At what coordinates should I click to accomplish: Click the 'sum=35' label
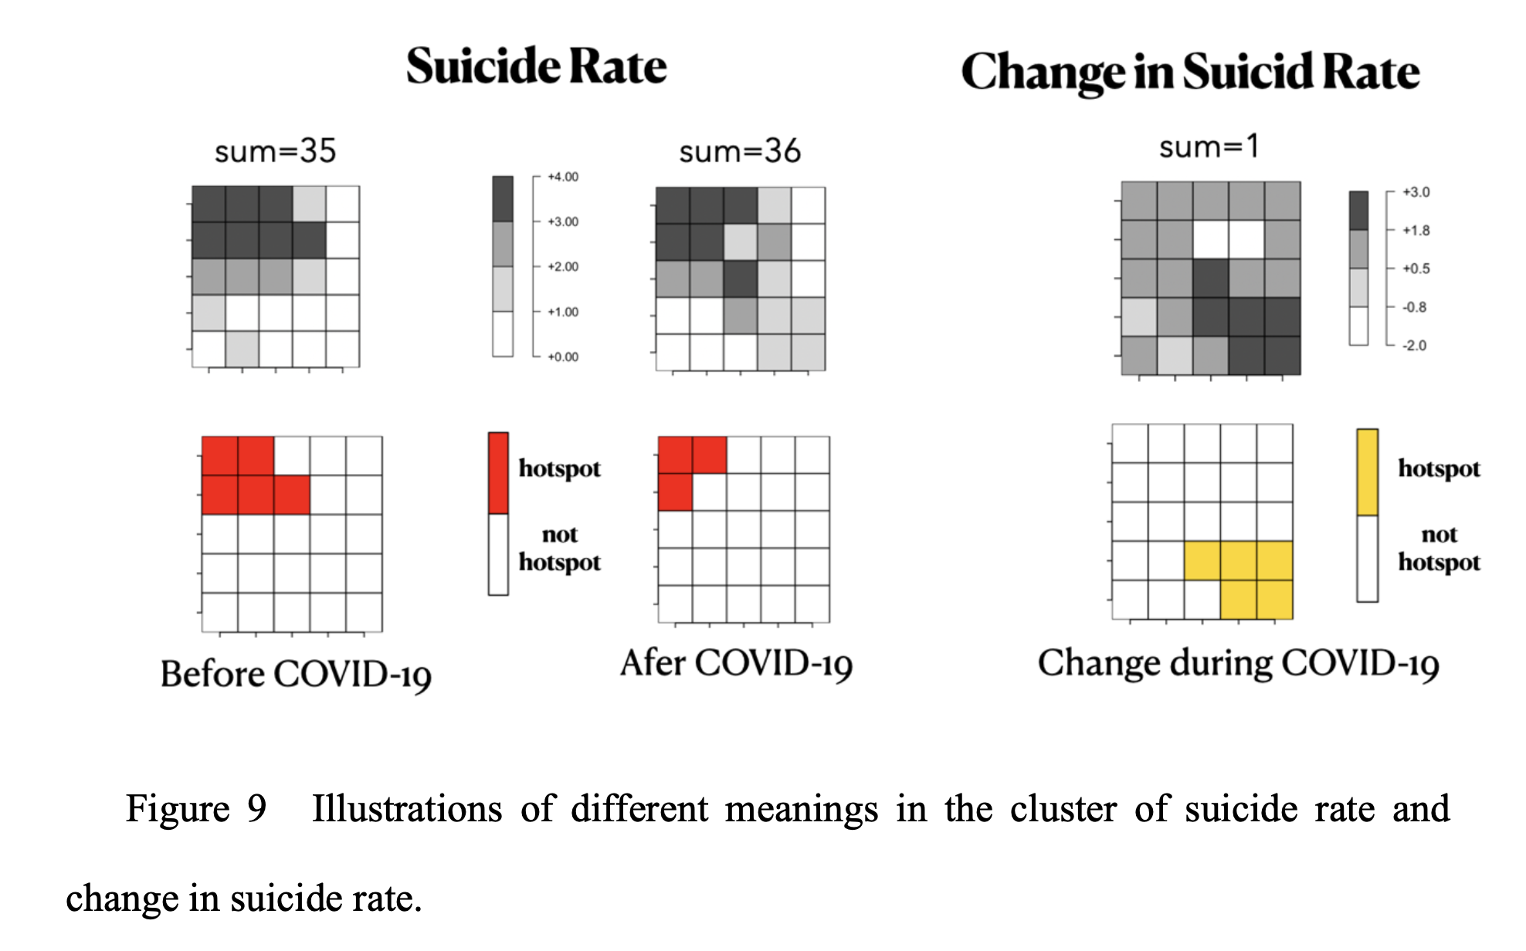point(275,151)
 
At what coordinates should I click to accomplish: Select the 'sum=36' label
point(739,151)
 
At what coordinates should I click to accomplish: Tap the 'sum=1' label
point(1209,146)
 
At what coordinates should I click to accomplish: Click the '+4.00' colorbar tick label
point(563,177)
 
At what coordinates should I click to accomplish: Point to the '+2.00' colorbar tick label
point(563,266)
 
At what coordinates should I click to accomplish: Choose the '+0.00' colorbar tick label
point(563,357)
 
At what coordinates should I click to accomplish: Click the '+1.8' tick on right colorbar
point(1416,230)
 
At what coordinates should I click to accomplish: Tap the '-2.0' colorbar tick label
point(1414,345)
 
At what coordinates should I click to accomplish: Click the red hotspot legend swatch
point(498,472)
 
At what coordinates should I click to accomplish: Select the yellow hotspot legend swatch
point(1367,472)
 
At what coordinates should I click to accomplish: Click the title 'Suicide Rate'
point(536,66)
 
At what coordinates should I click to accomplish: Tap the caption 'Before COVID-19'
point(296,674)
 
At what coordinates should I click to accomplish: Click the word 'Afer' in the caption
point(653,662)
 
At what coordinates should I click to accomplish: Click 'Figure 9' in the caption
point(195,809)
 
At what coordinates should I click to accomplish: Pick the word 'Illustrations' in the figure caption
point(406,809)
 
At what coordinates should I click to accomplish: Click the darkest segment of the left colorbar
point(503,198)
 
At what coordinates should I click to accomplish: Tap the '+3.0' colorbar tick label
point(1416,192)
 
